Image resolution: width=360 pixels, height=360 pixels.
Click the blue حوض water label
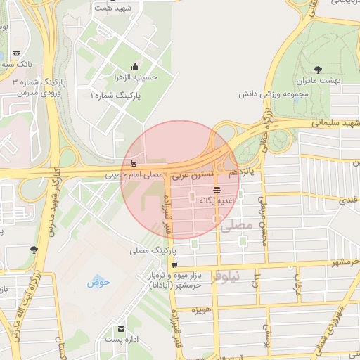tap(99, 282)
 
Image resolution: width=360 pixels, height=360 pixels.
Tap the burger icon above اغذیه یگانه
tap(217, 190)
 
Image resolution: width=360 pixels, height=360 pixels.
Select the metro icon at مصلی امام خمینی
tap(134, 163)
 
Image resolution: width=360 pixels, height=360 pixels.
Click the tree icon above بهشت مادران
tap(319, 70)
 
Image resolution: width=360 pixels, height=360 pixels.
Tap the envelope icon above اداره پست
tap(121, 328)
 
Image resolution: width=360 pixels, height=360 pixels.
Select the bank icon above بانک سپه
tap(17, 53)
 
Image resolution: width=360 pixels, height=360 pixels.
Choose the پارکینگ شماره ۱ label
tap(116, 94)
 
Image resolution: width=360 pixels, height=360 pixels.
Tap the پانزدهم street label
tap(244, 171)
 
